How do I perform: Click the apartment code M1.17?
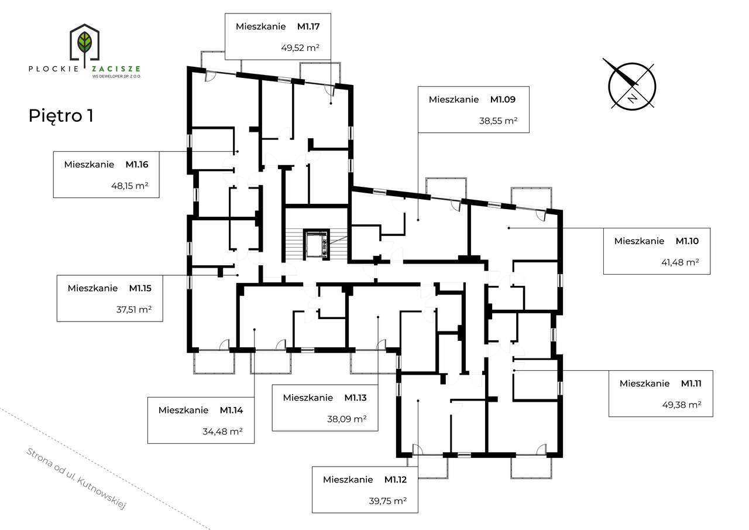[308, 27]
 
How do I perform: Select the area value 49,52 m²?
[300, 48]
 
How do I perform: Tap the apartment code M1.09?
[503, 100]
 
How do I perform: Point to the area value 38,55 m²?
[498, 121]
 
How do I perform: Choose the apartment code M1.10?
[687, 241]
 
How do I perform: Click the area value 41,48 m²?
[680, 262]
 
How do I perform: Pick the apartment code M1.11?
[691, 384]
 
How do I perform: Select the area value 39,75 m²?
[388, 501]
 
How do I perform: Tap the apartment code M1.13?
[355, 398]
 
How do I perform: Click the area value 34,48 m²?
[223, 432]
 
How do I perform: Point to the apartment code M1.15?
[140, 288]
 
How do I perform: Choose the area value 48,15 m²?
[130, 186]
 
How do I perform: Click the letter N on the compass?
[632, 98]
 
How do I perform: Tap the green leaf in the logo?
[85, 42]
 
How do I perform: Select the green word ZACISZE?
[116, 69]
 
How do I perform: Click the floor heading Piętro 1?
[61, 116]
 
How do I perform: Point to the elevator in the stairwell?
[317, 244]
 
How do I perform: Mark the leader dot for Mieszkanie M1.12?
[418, 401]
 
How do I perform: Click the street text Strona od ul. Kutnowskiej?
[76, 479]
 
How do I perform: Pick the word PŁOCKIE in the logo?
[54, 69]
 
